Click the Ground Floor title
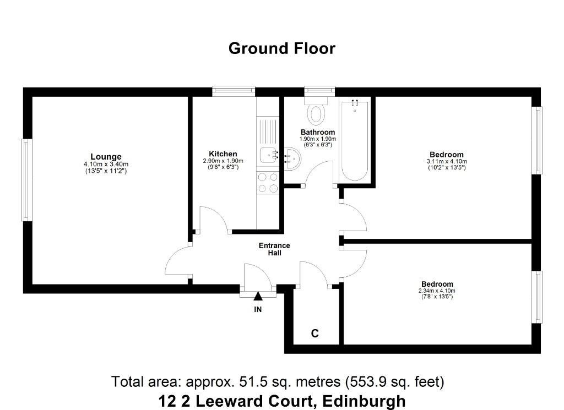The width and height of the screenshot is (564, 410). click(x=282, y=48)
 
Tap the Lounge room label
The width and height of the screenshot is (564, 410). click(x=106, y=157)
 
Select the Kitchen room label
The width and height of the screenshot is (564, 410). click(x=223, y=154)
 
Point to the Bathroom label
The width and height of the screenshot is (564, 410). click(x=318, y=132)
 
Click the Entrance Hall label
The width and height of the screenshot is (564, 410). click(x=274, y=249)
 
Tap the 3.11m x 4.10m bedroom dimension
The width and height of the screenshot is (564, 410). click(x=447, y=161)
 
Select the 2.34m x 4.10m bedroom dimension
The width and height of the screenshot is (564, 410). click(x=437, y=291)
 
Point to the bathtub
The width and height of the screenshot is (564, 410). click(x=354, y=141)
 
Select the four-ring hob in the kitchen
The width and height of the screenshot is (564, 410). click(x=268, y=183)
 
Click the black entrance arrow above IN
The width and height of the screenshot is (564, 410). click(x=258, y=297)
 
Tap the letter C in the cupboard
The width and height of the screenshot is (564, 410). click(x=314, y=334)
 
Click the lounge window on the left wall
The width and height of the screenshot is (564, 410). click(x=26, y=180)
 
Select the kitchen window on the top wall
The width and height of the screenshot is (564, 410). click(x=234, y=91)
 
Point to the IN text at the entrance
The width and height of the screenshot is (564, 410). click(x=258, y=309)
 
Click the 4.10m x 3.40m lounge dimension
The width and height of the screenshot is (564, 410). click(x=106, y=164)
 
